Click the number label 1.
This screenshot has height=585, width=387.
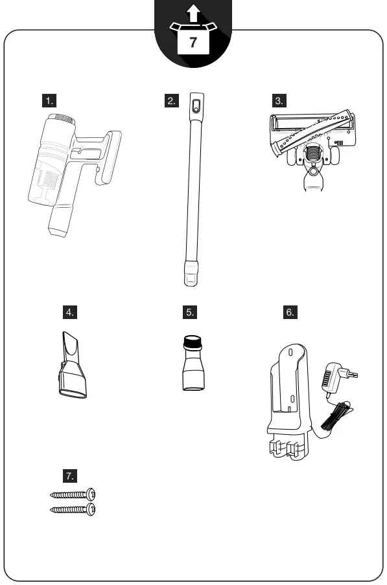(49, 100)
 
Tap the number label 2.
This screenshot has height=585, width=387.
(172, 100)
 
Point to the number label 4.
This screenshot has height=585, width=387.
(69, 312)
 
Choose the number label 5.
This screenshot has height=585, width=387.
(190, 312)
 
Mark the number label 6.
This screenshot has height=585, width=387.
(290, 312)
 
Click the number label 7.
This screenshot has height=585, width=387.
(69, 476)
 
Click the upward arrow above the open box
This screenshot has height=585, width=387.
(193, 14)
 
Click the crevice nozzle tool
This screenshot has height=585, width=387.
(71, 365)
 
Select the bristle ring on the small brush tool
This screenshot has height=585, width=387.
(193, 339)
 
